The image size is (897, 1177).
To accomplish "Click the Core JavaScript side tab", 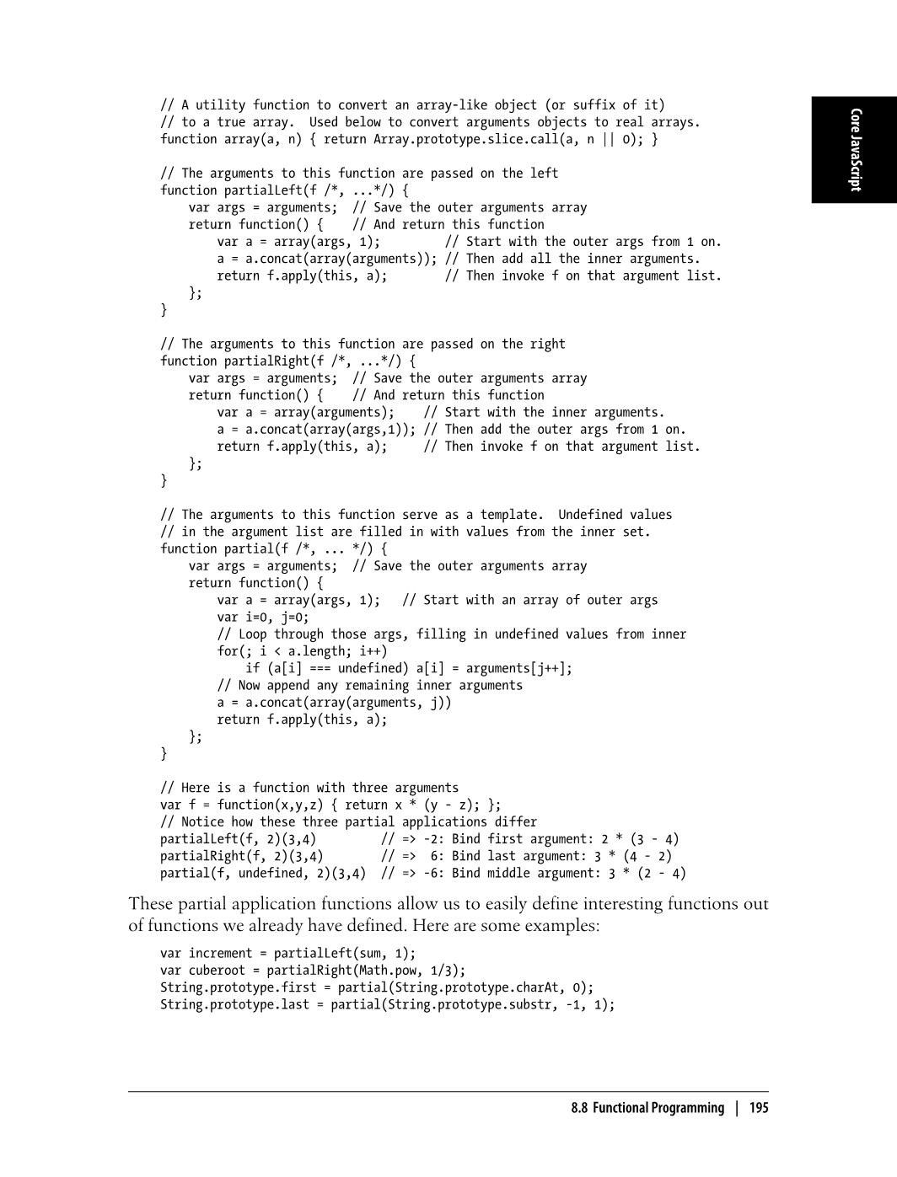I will tap(855, 150).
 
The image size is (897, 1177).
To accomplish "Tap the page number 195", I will tap(759, 1108).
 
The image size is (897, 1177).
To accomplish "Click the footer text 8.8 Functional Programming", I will tap(647, 1108).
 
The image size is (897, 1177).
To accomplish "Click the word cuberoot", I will tap(217, 971).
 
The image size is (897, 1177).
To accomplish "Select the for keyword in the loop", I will tap(228, 651).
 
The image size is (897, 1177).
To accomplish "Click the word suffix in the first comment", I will tap(594, 105).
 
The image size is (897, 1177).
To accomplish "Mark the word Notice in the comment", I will tap(202, 822).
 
